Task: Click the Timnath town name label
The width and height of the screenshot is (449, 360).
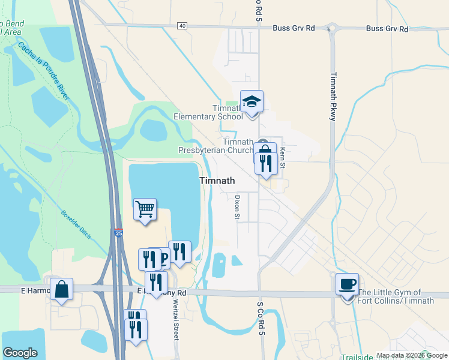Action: pos(217,180)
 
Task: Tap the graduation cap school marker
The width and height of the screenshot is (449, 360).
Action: pos(252,102)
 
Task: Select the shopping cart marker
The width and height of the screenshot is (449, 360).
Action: pos(145,210)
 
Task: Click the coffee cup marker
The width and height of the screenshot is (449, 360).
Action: pos(347,284)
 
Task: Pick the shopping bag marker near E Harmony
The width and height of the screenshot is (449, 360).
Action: pos(61,290)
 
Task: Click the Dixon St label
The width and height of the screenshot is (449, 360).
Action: pos(237,205)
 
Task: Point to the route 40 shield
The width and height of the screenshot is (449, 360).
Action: pos(182,25)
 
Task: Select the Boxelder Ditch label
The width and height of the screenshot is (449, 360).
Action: pos(76,223)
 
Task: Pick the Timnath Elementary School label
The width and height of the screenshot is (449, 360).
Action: pos(208,112)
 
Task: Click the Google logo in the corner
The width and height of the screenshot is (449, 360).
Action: pos(20,353)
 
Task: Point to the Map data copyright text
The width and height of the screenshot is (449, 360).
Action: pos(411,355)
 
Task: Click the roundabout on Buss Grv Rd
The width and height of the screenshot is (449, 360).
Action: pos(331,28)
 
